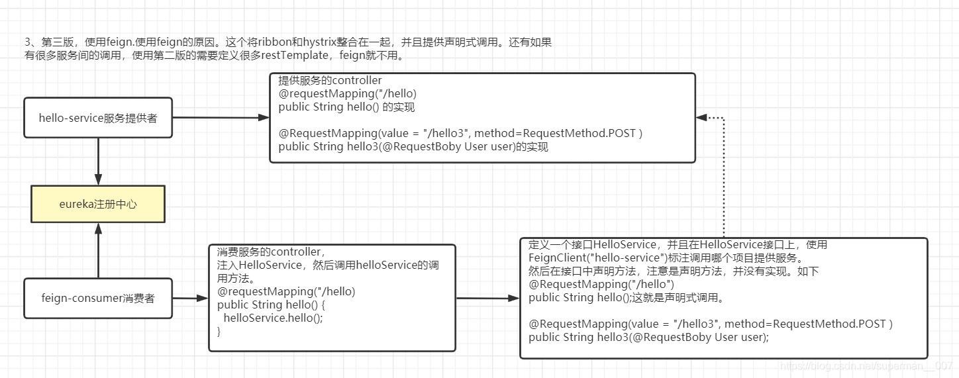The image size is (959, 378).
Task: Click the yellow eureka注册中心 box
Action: point(98,204)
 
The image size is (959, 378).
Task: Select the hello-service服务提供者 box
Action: point(98,118)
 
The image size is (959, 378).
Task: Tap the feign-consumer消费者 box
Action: point(98,298)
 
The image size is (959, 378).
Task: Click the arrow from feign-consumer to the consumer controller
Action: point(191,298)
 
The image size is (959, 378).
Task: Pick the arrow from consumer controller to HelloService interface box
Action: point(487,298)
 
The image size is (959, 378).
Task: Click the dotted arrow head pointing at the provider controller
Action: point(701,118)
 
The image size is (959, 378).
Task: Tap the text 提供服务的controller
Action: point(330,81)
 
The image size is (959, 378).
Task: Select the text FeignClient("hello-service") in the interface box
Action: point(595,258)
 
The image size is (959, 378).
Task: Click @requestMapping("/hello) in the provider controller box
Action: point(348,93)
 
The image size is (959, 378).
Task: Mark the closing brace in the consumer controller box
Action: point(219,331)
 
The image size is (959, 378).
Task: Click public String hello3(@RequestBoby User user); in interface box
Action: point(648,337)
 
